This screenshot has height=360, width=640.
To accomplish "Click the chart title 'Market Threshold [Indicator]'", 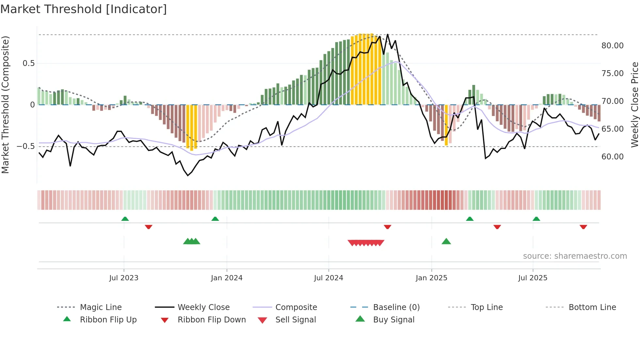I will (x=84, y=9).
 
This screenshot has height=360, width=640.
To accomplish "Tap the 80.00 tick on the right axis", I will (x=612, y=46).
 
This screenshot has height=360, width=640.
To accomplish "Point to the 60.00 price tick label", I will (x=612, y=157).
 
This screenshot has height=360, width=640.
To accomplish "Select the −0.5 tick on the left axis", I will (x=25, y=146).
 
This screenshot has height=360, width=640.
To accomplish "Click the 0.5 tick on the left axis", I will (x=28, y=63).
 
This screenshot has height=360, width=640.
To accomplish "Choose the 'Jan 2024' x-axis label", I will (x=227, y=278).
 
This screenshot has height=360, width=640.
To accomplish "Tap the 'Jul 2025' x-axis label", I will (x=533, y=278).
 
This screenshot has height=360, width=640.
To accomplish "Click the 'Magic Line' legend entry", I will (x=101, y=307).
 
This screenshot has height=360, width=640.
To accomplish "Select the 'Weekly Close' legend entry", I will (x=203, y=307).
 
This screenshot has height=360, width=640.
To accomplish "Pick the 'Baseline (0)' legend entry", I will (x=396, y=307).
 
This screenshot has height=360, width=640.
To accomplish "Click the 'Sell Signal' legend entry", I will (x=296, y=320).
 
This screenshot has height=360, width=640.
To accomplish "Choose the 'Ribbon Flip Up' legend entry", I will (x=108, y=320).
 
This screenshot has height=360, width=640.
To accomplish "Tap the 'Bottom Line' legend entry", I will (x=592, y=307).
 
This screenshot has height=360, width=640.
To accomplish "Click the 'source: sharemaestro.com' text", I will (x=575, y=256).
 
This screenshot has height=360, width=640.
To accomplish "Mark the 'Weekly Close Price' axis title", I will (x=634, y=105).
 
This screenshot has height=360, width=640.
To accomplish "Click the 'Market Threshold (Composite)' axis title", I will (x=5, y=105).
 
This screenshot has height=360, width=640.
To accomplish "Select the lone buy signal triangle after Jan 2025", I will (x=446, y=242).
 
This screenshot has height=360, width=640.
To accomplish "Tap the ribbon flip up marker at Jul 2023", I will (x=125, y=219).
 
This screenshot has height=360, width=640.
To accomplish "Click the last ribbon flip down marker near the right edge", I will (x=583, y=227).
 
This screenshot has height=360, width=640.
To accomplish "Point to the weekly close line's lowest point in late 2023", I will (x=188, y=176).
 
